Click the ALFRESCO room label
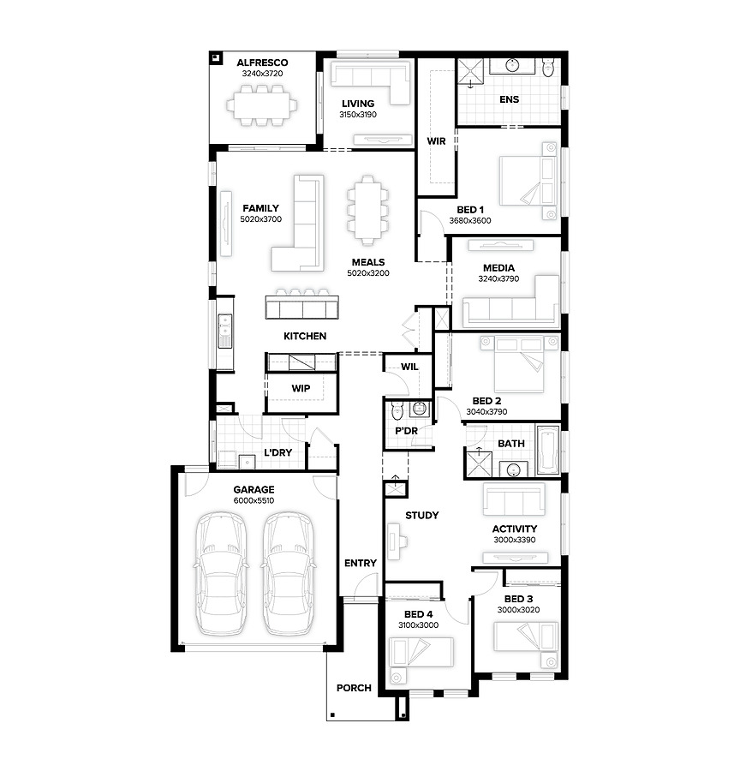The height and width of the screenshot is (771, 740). (x=262, y=63)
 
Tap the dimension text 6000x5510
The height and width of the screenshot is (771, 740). (x=254, y=500)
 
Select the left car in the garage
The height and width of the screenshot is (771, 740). (x=221, y=573)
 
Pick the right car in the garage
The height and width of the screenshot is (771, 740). (x=288, y=573)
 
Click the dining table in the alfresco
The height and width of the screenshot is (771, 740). (x=262, y=105)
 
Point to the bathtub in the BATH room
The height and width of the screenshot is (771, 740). (x=548, y=450)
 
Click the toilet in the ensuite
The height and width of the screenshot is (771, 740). (x=548, y=68)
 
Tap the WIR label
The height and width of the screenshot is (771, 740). (x=436, y=141)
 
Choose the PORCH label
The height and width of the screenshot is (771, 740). (x=354, y=688)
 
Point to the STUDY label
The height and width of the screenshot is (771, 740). (x=422, y=516)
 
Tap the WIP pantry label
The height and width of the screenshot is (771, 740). (x=301, y=388)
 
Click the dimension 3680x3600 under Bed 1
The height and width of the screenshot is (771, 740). (x=470, y=221)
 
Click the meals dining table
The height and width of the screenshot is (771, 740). (x=367, y=210)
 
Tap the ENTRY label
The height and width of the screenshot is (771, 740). (x=361, y=563)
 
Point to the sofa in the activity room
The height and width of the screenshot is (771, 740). (x=514, y=499)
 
